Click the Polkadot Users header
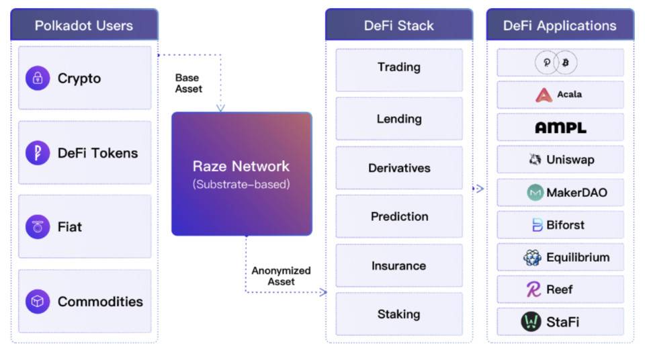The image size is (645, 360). (84, 26)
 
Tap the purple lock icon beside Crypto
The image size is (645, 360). (38, 78)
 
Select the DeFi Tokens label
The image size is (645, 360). (97, 153)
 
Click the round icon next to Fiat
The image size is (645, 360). (38, 227)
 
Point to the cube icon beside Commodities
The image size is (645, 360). (38, 302)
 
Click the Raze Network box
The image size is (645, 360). (241, 174)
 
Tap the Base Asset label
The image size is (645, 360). (188, 83)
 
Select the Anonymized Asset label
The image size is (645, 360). (281, 276)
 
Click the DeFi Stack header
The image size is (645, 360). (398, 26)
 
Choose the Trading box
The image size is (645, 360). (398, 68)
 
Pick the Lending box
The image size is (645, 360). (398, 119)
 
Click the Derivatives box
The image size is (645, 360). (398, 168)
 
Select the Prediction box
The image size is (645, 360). (398, 216)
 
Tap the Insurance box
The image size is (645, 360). (398, 266)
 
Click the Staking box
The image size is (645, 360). (398, 314)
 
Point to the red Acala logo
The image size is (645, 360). (544, 95)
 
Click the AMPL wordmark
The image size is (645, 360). (560, 128)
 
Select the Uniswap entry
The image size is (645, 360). (561, 160)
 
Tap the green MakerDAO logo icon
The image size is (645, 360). (535, 193)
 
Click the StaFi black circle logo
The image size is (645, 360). (531, 322)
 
